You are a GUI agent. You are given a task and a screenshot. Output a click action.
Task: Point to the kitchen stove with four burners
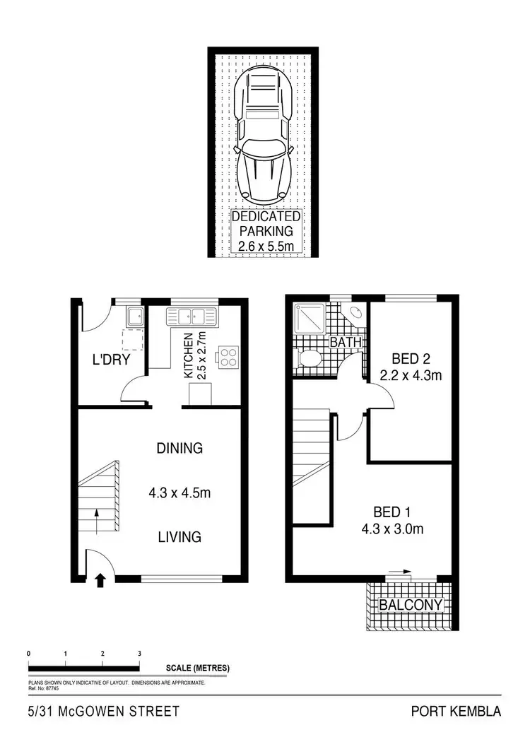(228, 357)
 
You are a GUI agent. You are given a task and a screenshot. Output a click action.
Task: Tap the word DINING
(179, 448)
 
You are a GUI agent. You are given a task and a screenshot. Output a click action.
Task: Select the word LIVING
(179, 537)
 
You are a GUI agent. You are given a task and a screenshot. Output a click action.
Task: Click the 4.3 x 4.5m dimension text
(179, 493)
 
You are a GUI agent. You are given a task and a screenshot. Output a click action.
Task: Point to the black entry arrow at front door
(100, 580)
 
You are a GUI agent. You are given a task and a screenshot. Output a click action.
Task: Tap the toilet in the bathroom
(308, 359)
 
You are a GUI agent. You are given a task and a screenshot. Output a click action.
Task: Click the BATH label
(346, 343)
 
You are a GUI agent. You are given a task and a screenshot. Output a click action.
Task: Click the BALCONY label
(411, 606)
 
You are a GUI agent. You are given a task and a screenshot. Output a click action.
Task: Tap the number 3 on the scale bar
(139, 654)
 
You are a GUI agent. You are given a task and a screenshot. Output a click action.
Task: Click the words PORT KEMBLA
(456, 712)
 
